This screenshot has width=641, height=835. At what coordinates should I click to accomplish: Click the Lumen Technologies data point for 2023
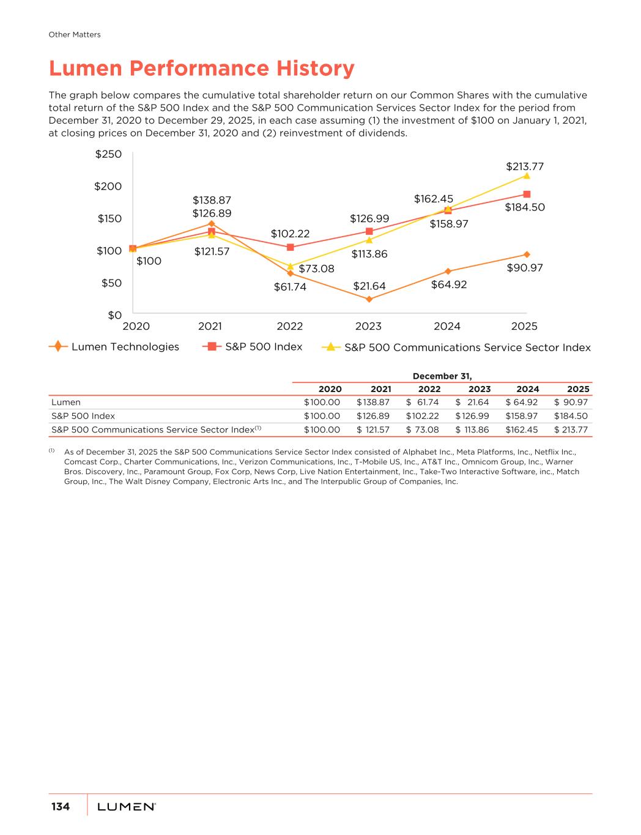click(x=369, y=299)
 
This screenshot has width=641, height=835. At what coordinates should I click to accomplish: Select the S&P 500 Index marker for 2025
click(x=527, y=195)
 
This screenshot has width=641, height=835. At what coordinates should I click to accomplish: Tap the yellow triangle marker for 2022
click(x=291, y=266)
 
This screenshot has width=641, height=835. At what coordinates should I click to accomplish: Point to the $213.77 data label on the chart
click(x=525, y=166)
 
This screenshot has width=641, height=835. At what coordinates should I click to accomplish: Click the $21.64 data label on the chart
click(x=369, y=286)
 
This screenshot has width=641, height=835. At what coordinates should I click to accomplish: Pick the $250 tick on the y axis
click(x=108, y=154)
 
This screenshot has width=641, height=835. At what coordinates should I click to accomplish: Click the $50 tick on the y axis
click(x=111, y=283)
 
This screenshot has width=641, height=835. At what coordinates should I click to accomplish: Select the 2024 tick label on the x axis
click(x=447, y=326)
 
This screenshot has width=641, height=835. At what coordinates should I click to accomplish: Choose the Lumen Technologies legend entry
click(x=114, y=347)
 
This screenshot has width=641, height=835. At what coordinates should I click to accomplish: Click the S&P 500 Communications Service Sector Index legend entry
click(x=456, y=347)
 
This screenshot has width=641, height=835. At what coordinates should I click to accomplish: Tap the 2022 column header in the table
click(x=429, y=389)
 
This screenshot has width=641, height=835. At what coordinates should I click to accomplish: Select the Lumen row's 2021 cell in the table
click(x=373, y=403)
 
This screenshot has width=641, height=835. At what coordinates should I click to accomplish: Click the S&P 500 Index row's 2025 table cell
click(x=571, y=416)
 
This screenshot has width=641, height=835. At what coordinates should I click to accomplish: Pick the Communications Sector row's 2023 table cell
click(x=472, y=429)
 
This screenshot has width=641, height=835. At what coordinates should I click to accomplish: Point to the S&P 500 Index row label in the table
click(x=83, y=416)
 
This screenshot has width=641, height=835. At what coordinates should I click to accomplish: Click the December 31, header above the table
click(x=442, y=376)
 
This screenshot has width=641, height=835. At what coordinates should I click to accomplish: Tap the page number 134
click(x=61, y=806)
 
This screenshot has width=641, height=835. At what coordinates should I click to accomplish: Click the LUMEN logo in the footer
click(x=127, y=807)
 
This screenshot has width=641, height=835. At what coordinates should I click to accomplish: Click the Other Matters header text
click(x=75, y=35)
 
